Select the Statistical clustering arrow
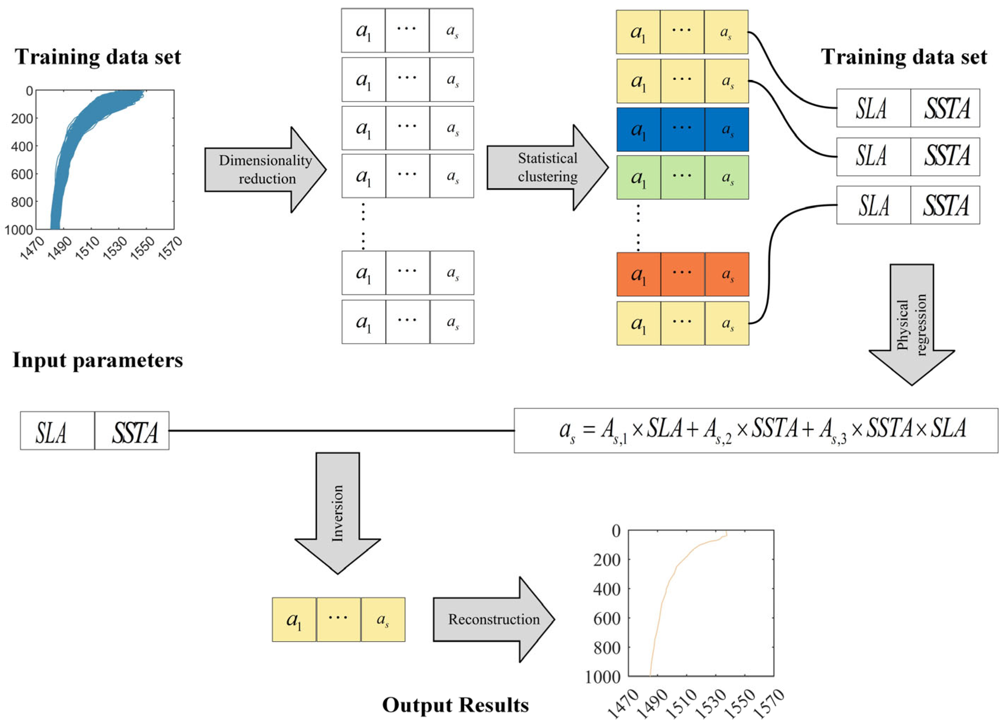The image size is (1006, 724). point(547,168)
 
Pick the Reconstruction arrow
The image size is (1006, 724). point(493,619)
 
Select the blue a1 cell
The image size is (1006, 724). point(638,130)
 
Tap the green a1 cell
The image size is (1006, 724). point(638,177)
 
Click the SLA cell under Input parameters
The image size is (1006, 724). point(57,431)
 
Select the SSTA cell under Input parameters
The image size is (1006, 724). point(132,431)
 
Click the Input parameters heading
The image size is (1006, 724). point(98,360)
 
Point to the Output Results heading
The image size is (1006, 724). point(456,705)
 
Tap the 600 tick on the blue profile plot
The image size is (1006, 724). point(22,174)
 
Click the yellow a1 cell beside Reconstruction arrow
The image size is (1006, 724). point(294,620)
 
